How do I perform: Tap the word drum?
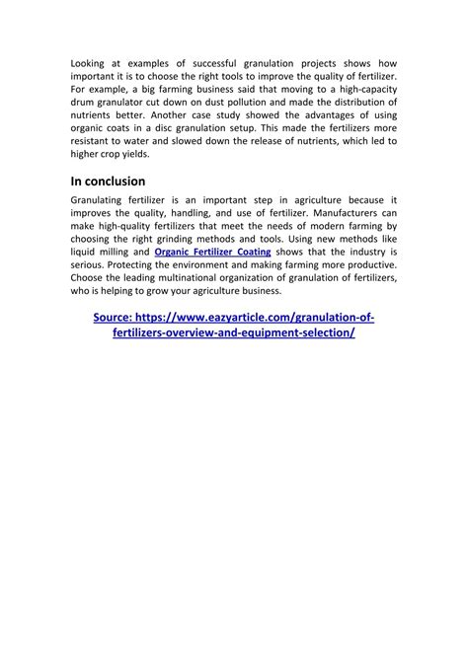pos(85,102)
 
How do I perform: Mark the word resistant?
pos(94,140)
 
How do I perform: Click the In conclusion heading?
pos(108,181)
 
